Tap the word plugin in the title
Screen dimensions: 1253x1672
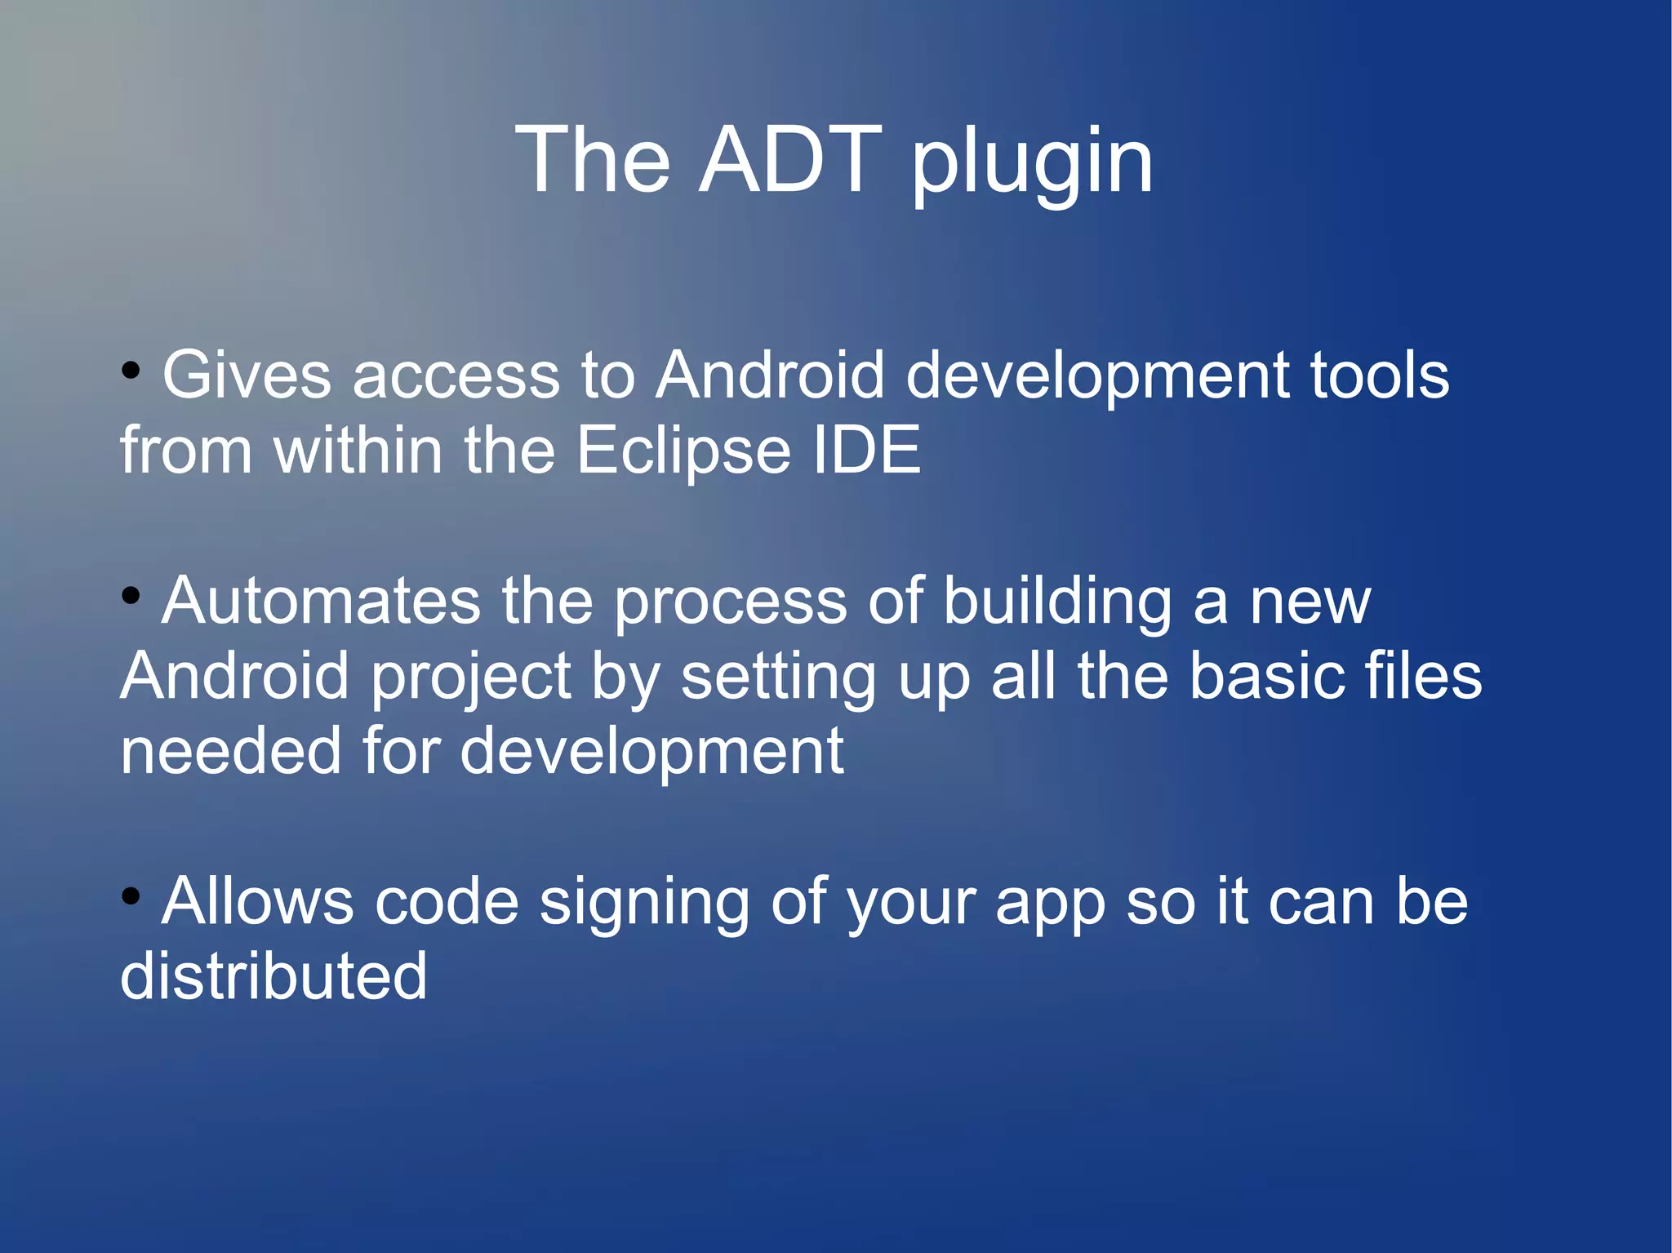1032,163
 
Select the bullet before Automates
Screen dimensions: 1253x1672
131,597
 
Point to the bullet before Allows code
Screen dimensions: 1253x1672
131,897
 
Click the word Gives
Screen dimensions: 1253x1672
247,375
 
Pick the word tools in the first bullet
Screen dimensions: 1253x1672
1379,375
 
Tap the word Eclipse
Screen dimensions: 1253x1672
683,452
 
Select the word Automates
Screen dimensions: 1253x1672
321,602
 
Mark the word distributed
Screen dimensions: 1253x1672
273,976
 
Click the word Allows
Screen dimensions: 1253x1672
257,902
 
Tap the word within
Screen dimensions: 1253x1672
359,451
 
